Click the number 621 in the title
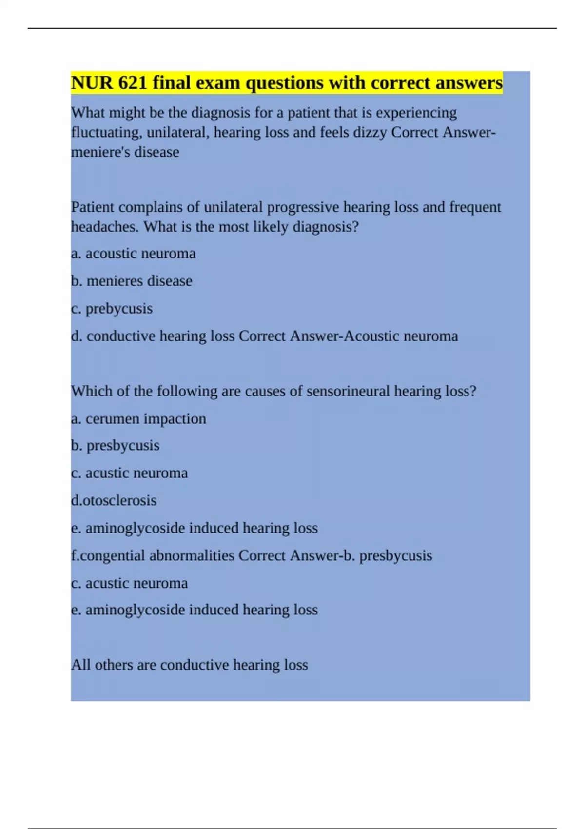click(133, 83)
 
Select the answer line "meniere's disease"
click(125, 152)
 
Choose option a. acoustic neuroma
click(133, 254)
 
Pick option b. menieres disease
click(132, 281)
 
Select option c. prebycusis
click(112, 309)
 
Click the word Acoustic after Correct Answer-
click(371, 336)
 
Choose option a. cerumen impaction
click(138, 419)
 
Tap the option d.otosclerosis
click(114, 501)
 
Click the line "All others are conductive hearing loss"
click(189, 665)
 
